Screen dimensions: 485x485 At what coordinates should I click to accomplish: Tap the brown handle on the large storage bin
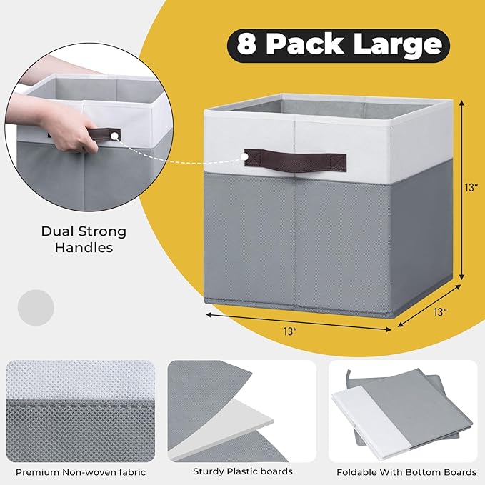tap(295, 156)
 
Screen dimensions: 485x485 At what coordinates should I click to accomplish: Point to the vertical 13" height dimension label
tap(470, 188)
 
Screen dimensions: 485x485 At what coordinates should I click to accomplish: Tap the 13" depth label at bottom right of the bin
tap(439, 311)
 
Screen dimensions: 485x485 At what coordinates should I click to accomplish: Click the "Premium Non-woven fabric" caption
tap(81, 472)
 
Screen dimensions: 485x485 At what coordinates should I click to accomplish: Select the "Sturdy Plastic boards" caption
tap(242, 472)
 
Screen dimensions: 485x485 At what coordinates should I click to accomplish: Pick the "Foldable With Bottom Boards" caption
tap(405, 472)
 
